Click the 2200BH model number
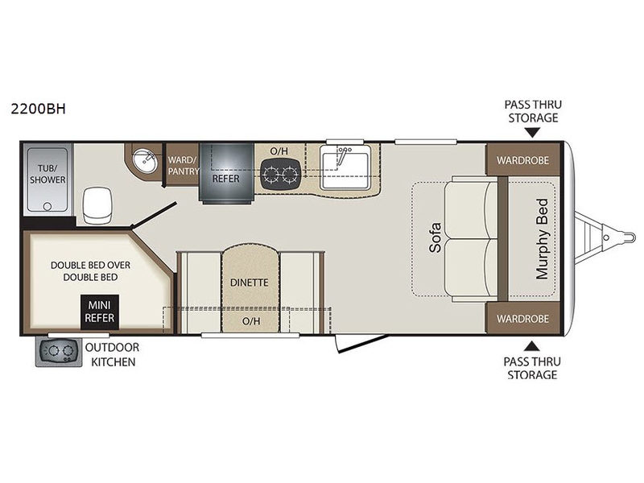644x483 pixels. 38,109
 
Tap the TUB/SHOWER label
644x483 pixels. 47,174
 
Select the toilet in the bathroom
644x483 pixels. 97,205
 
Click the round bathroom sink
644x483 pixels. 144,162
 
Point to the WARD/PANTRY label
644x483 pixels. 184,165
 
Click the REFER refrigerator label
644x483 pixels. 225,179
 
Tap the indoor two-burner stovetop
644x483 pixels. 281,173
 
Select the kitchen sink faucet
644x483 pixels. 343,155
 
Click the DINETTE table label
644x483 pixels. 250,283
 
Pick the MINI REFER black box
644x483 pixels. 100,312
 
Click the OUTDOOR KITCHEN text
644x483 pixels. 113,354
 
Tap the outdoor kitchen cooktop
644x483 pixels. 58,352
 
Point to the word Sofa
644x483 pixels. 435,237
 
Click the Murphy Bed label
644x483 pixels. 542,239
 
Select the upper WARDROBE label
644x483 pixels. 522,160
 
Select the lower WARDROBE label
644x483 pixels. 522,319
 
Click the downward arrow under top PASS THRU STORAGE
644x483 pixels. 533,133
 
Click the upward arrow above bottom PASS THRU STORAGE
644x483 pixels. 532,346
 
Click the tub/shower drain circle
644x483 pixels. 47,206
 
